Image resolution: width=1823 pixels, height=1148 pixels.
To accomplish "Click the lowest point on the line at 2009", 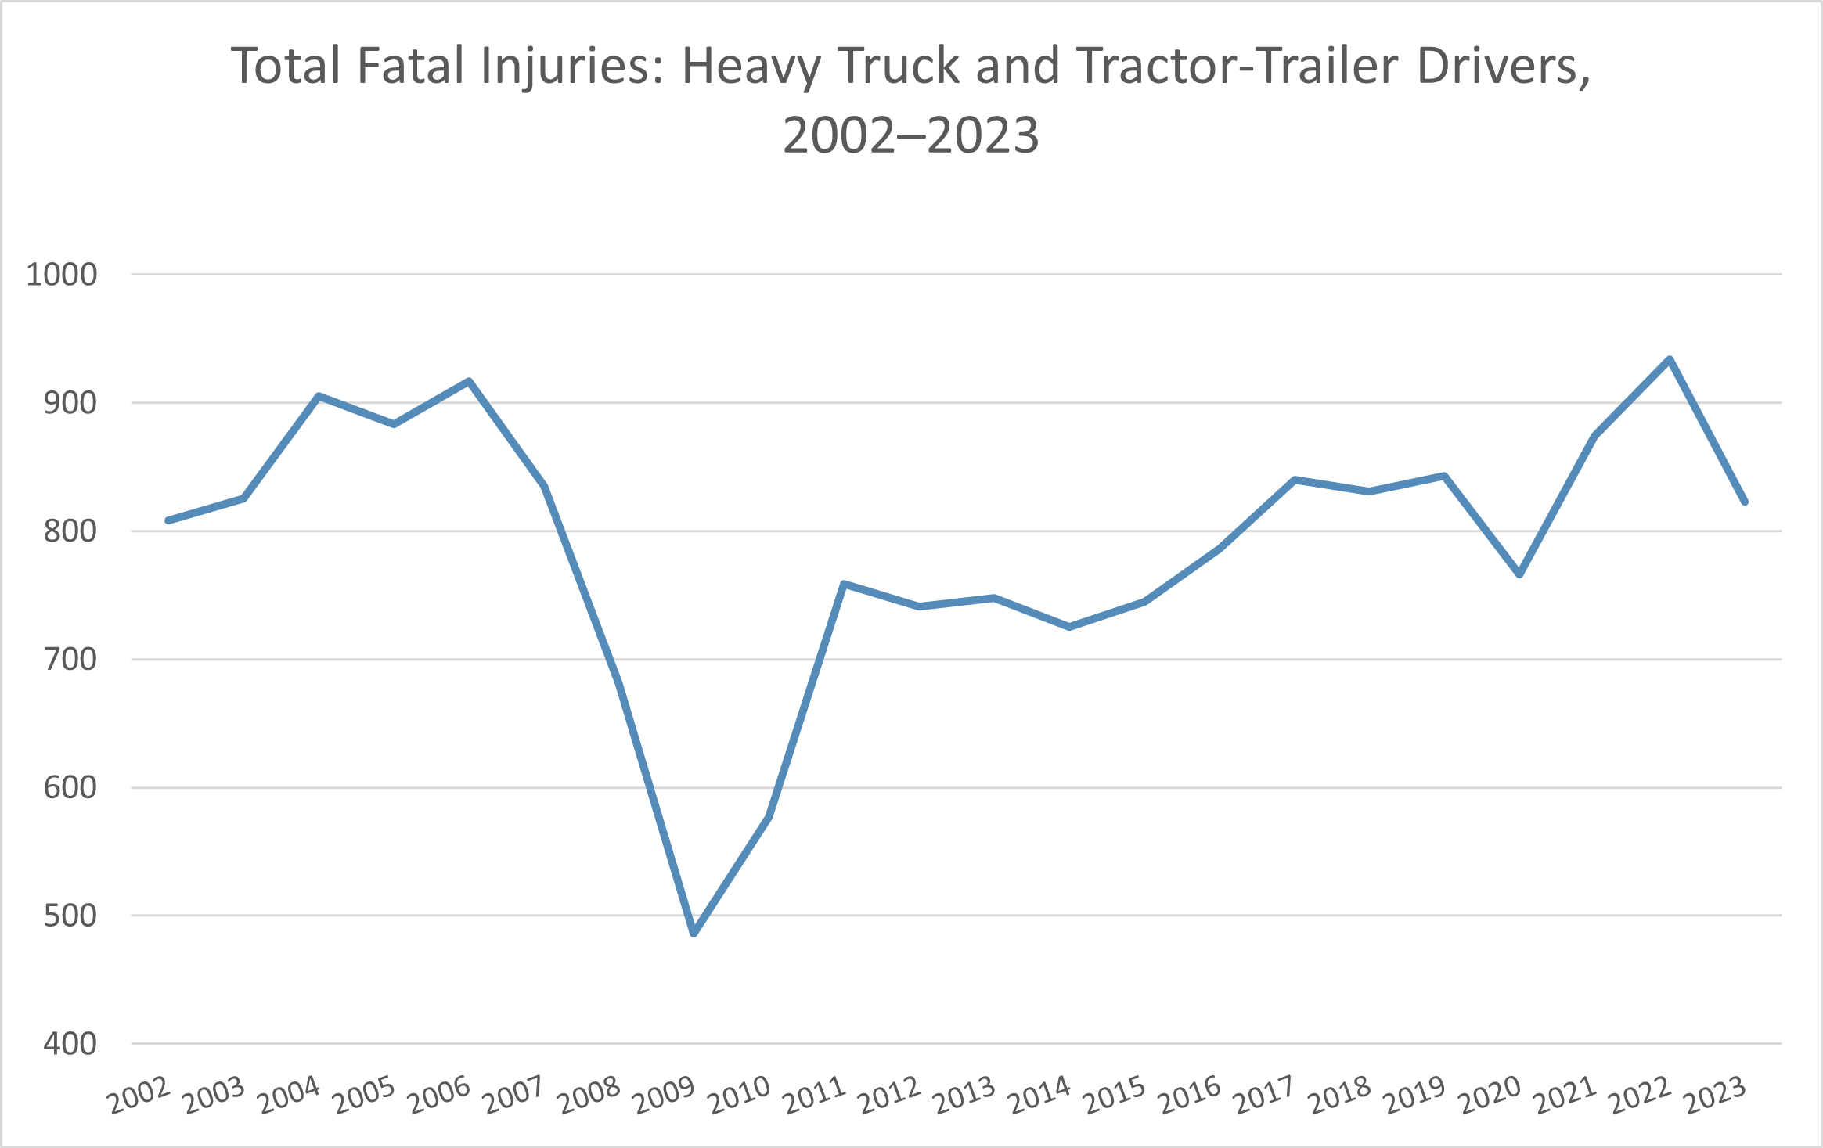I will (694, 934).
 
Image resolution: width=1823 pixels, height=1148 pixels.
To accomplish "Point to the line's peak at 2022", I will (1670, 360).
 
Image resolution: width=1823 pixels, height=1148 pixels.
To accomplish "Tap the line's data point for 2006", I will (469, 382).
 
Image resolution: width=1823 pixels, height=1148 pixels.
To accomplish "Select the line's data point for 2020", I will (1519, 574).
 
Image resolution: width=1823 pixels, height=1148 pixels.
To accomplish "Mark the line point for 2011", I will (844, 584).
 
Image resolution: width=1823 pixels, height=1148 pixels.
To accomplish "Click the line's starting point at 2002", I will (168, 520).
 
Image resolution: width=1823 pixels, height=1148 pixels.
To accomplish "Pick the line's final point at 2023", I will (1745, 502).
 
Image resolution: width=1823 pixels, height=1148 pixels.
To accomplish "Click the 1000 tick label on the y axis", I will (62, 275).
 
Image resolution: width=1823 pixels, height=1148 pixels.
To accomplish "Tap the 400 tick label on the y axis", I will (70, 1044).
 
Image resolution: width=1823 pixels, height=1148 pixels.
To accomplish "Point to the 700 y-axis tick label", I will (70, 660).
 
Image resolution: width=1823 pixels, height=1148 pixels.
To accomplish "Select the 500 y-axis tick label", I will (70, 916).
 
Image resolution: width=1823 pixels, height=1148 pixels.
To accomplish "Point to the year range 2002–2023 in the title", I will (911, 135).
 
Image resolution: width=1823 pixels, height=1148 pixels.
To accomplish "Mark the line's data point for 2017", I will (1295, 480).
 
